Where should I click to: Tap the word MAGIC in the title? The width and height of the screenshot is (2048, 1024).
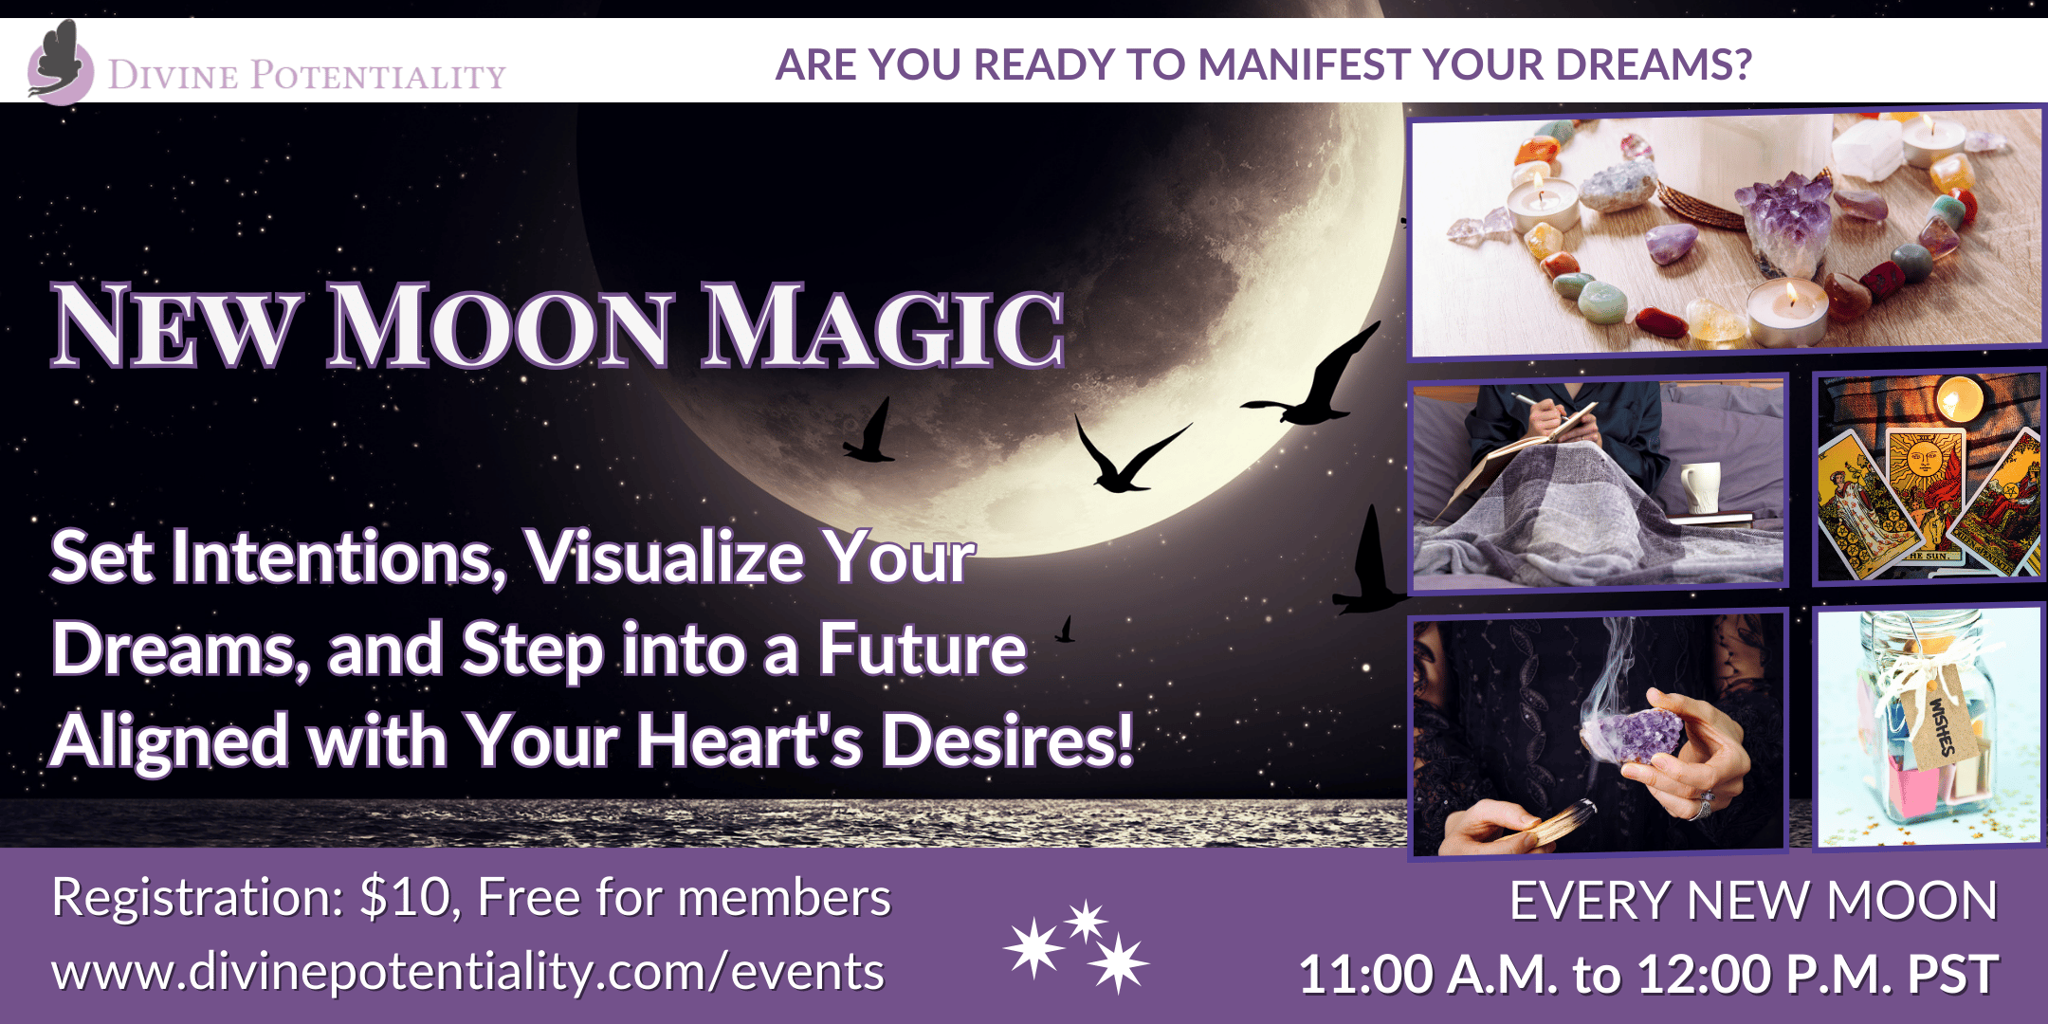coord(882,326)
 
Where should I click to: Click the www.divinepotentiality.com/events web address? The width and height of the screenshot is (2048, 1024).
coord(467,972)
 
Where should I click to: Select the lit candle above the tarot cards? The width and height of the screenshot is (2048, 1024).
coord(1959,396)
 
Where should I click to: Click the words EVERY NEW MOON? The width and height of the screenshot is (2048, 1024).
coord(1753,901)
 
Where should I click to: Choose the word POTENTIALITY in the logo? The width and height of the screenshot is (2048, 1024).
coord(378,75)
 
